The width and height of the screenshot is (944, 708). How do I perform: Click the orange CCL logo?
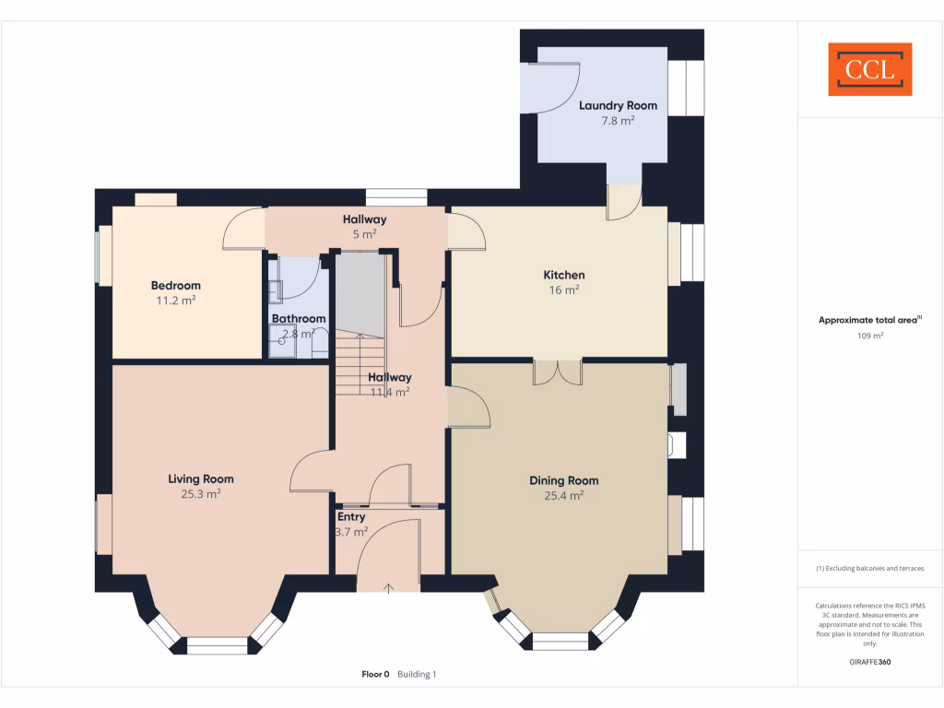[x=869, y=69]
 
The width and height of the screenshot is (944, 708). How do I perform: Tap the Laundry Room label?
[x=618, y=106]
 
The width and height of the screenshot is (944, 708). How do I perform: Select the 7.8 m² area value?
[x=618, y=121]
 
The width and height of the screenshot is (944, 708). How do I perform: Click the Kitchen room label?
[x=563, y=275]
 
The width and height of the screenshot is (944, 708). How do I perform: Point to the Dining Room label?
[x=563, y=480]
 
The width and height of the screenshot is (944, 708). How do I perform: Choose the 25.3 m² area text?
[x=200, y=494]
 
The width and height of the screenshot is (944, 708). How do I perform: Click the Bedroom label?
[x=175, y=286]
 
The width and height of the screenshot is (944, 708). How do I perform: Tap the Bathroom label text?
[x=298, y=319]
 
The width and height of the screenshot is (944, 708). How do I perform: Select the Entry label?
[x=350, y=517]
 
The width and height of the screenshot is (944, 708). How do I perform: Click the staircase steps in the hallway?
[x=360, y=364]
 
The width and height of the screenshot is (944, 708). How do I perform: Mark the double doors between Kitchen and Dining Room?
[x=558, y=372]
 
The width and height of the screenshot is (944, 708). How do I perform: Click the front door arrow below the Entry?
[x=388, y=586]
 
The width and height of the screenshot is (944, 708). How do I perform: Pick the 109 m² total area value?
[x=870, y=336]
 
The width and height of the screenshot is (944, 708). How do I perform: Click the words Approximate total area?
[x=867, y=321]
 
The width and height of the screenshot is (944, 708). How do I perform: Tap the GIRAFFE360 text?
[x=870, y=662]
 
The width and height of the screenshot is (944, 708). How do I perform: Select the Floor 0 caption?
[x=375, y=675]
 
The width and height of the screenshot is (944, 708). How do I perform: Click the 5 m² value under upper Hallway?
[x=364, y=234]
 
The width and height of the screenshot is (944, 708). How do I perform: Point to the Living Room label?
[x=200, y=478]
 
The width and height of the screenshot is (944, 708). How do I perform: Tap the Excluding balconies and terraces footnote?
[x=870, y=569]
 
